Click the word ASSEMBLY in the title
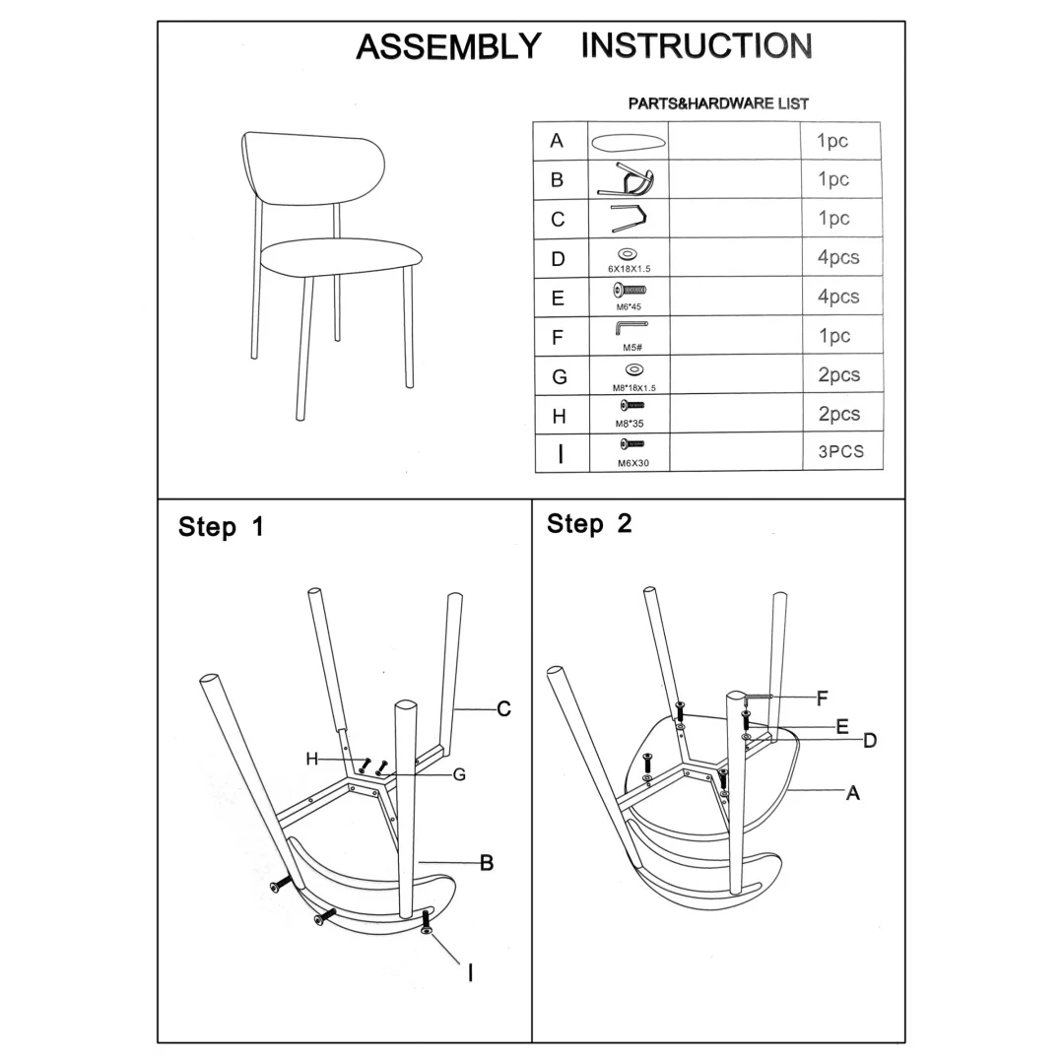point(448,47)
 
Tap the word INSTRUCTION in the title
point(697,45)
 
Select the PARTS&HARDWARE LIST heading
point(718,103)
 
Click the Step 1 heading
point(221,526)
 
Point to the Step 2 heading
point(589,524)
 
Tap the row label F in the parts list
point(558,337)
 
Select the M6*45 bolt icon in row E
point(630,291)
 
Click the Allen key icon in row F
point(632,327)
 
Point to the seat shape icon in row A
point(629,143)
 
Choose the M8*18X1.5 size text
point(634,388)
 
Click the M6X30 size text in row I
point(633,463)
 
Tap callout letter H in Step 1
point(312,759)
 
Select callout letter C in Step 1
point(503,709)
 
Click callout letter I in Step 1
point(470,973)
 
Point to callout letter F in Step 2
point(823,698)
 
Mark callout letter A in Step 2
point(853,792)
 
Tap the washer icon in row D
point(629,254)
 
